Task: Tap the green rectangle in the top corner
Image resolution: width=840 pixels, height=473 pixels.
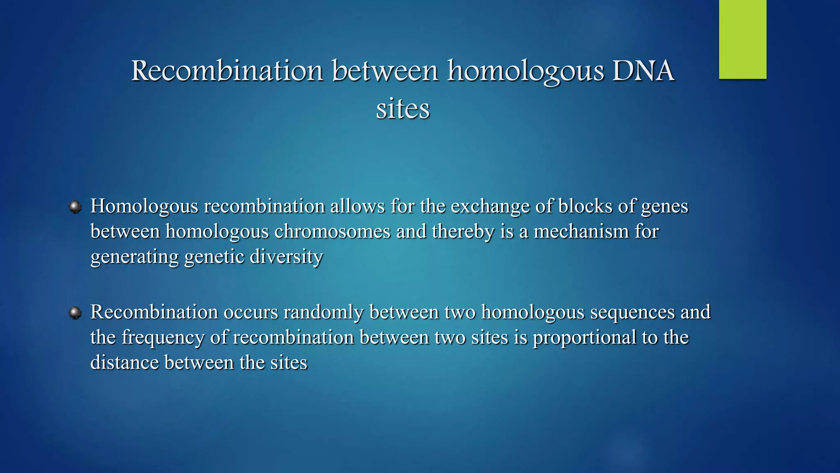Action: click(742, 39)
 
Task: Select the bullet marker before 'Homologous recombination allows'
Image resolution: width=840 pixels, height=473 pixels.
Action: click(75, 207)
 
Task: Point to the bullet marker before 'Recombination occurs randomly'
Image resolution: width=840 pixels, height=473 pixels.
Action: click(75, 313)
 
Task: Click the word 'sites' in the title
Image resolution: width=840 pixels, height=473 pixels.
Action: click(403, 109)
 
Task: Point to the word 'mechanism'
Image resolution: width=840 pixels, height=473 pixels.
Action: click(581, 232)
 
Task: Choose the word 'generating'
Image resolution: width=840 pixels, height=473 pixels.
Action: click(135, 257)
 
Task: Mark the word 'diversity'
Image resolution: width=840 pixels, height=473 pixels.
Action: click(286, 257)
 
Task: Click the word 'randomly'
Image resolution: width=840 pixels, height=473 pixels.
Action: click(323, 312)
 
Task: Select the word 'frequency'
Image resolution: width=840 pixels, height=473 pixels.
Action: click(163, 338)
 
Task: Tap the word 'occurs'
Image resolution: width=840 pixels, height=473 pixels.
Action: click(251, 312)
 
